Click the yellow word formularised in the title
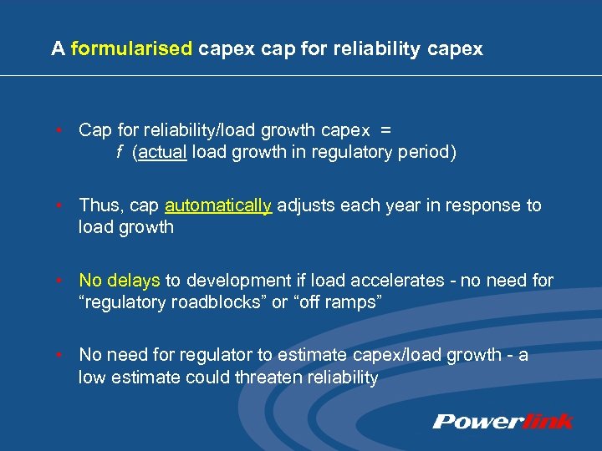tap(131, 49)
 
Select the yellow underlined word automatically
tap(219, 205)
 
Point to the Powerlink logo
tap(503, 421)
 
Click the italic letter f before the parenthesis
tap(120, 154)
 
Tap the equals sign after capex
tap(385, 130)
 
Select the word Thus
tap(99, 205)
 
